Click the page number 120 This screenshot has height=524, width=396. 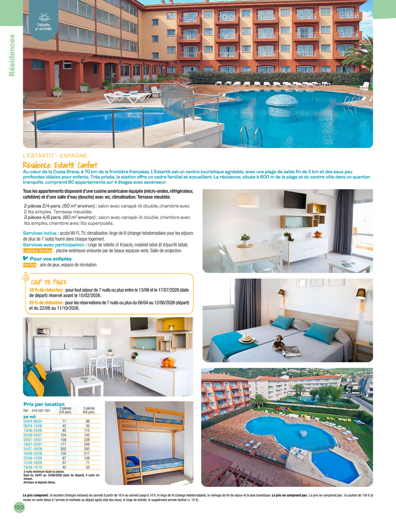tap(19, 507)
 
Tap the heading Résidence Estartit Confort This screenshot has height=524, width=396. tap(60, 165)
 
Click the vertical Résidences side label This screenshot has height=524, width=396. tap(12, 55)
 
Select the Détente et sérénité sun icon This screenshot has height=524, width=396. tap(44, 16)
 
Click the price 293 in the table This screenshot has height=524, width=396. tap(87, 449)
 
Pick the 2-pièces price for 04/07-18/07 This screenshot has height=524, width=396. tap(63, 440)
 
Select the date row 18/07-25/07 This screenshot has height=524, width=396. tap(33, 444)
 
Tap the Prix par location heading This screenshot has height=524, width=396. tap(44, 404)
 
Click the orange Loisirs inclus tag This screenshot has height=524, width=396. tap(38, 251)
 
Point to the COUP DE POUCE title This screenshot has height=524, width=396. tap(49, 282)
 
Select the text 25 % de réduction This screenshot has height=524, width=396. tap(46, 303)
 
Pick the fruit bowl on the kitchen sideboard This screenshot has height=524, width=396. tap(168, 362)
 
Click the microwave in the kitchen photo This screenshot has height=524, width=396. tap(43, 331)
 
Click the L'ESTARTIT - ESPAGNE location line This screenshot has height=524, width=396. tap(55, 156)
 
